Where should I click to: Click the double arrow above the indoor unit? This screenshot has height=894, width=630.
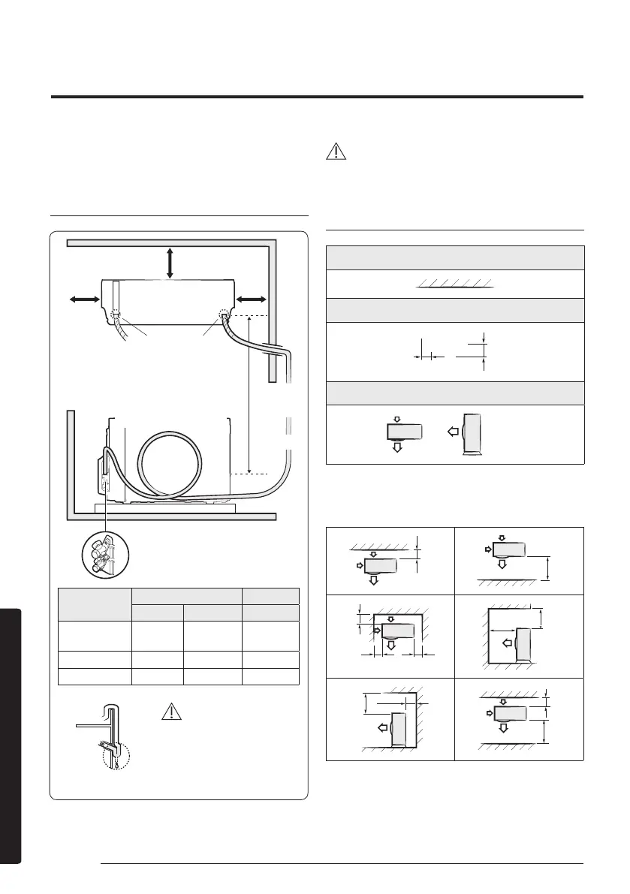point(170,262)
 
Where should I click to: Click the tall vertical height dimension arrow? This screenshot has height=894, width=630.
point(250,395)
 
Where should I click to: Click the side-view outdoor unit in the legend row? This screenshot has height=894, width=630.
point(472,434)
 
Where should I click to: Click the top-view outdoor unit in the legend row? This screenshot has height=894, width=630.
point(397,431)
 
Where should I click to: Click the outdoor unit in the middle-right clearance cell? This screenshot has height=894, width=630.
point(524,644)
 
